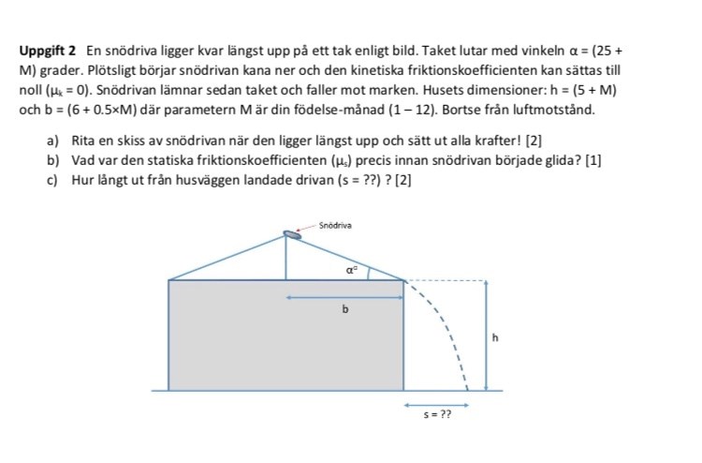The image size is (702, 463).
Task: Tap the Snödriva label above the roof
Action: click(x=335, y=225)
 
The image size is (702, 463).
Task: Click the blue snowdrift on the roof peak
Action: click(x=293, y=234)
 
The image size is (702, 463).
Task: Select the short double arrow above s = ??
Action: click(x=436, y=404)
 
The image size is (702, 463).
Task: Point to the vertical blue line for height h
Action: click(x=485, y=335)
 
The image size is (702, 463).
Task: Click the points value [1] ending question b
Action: click(x=593, y=159)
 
